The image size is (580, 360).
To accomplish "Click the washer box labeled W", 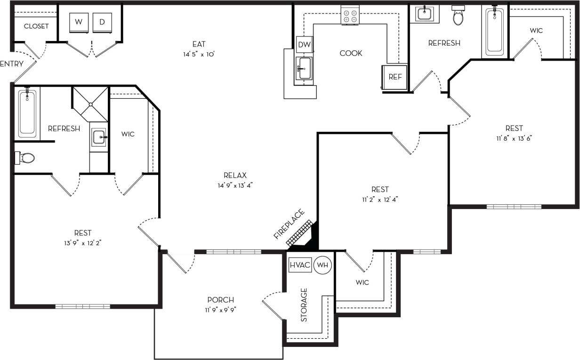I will (79, 22).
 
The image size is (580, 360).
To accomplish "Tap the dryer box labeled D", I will (102, 22).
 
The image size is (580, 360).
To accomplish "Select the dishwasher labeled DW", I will (304, 45).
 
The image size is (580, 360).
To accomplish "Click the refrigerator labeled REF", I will (395, 77).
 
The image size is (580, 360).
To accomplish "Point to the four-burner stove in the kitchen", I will (350, 15).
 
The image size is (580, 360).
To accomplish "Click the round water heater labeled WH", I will (322, 265).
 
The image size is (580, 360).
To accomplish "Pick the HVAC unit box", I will (300, 265).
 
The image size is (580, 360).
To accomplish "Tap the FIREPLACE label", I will (289, 224).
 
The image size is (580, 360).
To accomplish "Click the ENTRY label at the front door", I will (11, 64).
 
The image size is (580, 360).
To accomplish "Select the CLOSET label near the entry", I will (36, 26).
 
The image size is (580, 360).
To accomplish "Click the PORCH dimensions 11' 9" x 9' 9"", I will (220, 310).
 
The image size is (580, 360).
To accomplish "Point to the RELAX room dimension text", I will (235, 185).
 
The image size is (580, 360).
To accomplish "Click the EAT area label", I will (199, 44).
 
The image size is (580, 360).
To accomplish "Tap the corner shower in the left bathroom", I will (90, 104).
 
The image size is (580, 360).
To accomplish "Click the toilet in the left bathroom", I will (26, 158).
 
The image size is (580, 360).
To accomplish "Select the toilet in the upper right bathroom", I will (458, 17).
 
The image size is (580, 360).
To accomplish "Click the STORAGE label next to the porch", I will (304, 304).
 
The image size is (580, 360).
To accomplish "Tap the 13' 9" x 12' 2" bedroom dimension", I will (82, 243).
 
